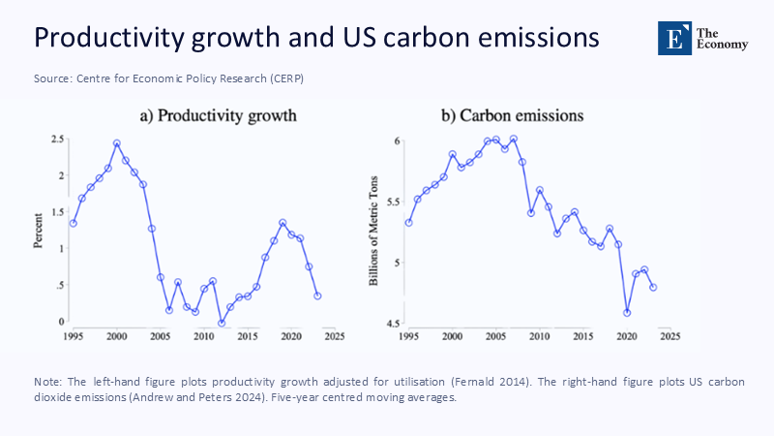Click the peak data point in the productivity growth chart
click(x=116, y=143)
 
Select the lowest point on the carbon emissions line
click(x=627, y=312)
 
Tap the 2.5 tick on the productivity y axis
click(x=59, y=140)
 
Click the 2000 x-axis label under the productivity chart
click(x=116, y=336)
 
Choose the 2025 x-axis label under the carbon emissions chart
click(x=670, y=336)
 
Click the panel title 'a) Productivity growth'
click(x=218, y=116)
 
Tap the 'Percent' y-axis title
click(x=40, y=231)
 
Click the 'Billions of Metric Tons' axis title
click(x=374, y=231)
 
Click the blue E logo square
click(x=670, y=35)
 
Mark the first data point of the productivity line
click(x=73, y=223)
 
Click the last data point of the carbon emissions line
click(x=653, y=287)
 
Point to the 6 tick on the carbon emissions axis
click(x=397, y=141)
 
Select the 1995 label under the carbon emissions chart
click(x=408, y=336)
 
